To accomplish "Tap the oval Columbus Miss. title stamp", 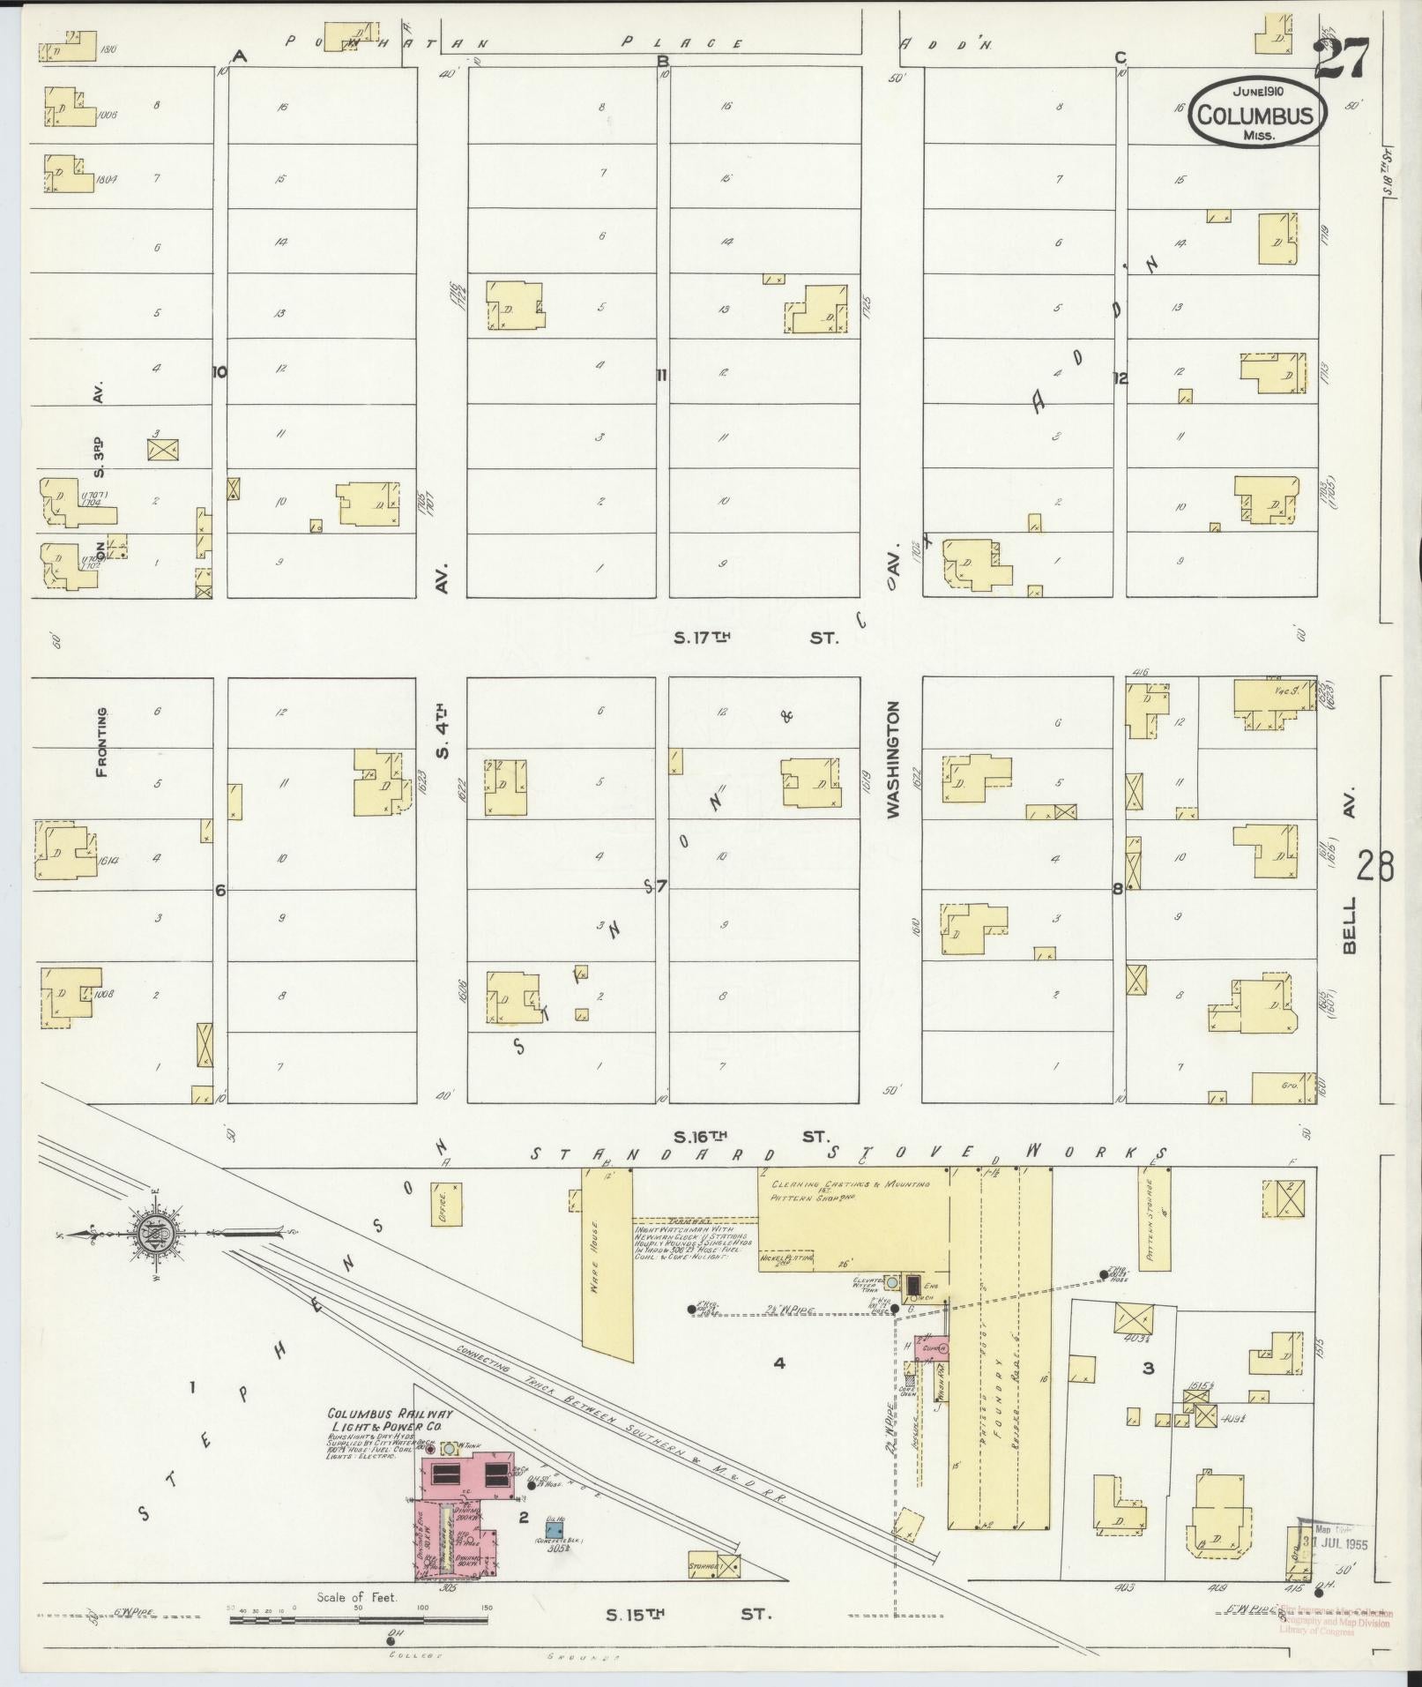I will pyautogui.click(x=1257, y=112).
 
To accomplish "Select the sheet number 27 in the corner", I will pyautogui.click(x=1341, y=58).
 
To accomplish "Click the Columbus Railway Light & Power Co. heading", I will pyautogui.click(x=391, y=1420).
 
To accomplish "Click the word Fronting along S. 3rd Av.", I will pyautogui.click(x=102, y=742).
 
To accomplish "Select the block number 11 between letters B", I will pyautogui.click(x=660, y=375).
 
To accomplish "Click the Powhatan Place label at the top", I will pyautogui.click(x=511, y=42).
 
